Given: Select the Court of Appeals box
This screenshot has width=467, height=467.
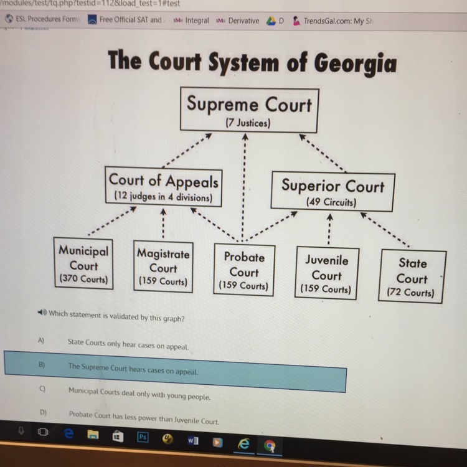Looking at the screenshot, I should [x=164, y=187].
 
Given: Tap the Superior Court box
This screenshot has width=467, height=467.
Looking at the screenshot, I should [x=332, y=191].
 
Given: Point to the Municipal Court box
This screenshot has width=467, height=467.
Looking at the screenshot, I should [x=83, y=264].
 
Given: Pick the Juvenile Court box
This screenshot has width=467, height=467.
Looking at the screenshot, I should [x=326, y=274].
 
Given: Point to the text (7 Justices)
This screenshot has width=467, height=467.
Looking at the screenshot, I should [x=247, y=123].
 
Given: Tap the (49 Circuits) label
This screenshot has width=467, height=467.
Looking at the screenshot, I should [x=331, y=202].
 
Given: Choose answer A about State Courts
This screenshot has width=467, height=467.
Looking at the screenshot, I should [x=128, y=344].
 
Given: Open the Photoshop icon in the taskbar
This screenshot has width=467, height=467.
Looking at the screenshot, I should [x=143, y=438].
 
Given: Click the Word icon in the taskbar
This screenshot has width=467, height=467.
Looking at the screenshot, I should [x=192, y=441].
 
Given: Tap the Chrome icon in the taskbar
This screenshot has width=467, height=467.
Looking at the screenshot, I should [x=270, y=446].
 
